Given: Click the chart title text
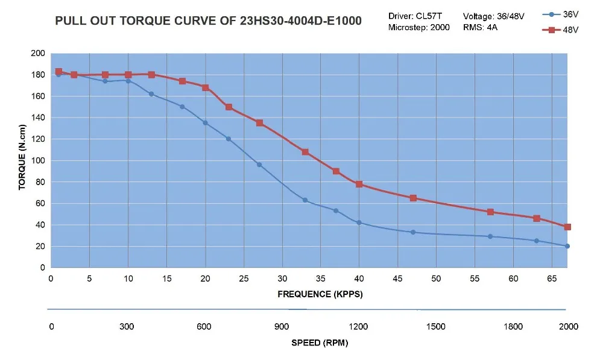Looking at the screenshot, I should click(x=209, y=21).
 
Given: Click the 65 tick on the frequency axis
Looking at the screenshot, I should click(x=552, y=279).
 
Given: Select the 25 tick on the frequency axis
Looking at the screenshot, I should click(x=244, y=279).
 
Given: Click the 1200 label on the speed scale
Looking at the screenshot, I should click(x=359, y=327).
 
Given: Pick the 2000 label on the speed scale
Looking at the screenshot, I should click(x=568, y=327).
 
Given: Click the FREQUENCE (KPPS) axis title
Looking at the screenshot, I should click(x=320, y=294).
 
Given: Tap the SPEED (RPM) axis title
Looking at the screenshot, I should click(x=320, y=343).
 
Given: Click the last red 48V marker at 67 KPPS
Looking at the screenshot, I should click(x=567, y=227).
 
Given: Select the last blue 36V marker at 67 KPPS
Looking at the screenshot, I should click(x=567, y=246).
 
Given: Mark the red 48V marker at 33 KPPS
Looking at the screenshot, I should click(x=305, y=152).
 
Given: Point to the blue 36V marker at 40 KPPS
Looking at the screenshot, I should click(x=359, y=223).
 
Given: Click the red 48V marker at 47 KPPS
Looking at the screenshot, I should click(x=413, y=198).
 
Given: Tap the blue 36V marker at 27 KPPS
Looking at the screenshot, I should click(x=259, y=165).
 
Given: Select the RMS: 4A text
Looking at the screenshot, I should click(x=481, y=28).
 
